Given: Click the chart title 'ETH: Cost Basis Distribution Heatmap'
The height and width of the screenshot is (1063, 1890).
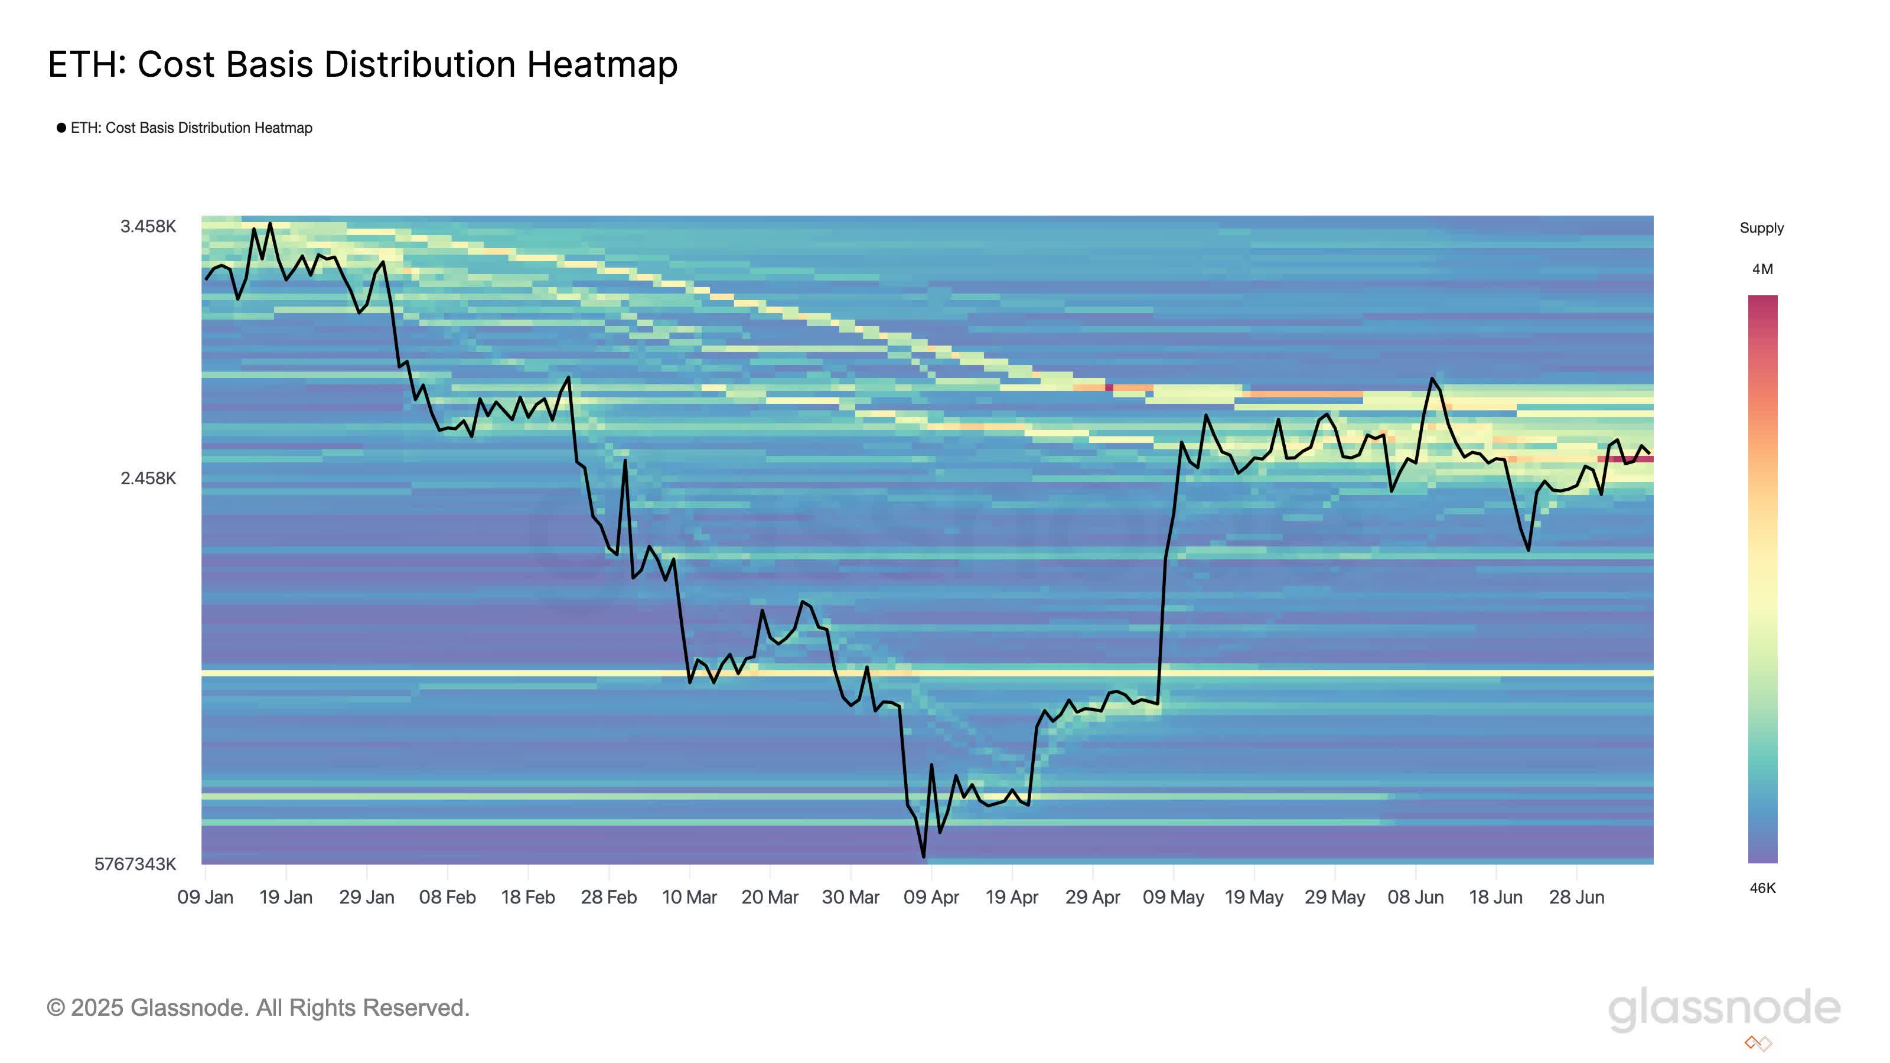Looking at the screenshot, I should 363,64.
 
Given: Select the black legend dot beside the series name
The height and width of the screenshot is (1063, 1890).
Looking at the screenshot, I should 61,128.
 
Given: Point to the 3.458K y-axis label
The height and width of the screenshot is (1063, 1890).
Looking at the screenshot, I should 148,227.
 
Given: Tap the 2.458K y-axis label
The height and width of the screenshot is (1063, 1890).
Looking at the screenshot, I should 148,479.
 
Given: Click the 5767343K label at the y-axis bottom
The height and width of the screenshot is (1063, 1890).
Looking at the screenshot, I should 135,864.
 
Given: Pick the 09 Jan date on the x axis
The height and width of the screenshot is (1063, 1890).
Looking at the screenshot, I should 206,898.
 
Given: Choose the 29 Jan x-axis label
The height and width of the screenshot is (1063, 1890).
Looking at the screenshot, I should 367,898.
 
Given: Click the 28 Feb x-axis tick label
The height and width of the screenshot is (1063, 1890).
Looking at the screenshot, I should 609,898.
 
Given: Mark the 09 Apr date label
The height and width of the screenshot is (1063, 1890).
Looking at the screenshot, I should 931,898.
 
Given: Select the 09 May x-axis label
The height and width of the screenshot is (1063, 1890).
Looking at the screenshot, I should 1173,898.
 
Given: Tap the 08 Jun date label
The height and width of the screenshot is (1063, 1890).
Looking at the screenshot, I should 1415,898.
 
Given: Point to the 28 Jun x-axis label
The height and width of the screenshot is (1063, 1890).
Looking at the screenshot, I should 1577,898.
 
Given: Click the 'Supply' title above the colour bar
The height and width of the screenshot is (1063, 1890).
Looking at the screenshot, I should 1762,228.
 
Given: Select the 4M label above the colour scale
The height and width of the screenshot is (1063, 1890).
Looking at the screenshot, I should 1762,270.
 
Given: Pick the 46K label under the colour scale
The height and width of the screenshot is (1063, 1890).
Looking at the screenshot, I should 1762,888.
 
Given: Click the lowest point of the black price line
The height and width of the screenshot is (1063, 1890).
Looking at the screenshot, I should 923,856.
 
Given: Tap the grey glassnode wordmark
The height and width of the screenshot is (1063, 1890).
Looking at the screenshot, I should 1724,1008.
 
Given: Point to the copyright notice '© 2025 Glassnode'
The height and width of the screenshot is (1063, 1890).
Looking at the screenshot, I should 258,1008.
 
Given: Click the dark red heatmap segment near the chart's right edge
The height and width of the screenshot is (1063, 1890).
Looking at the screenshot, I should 1625,459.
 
